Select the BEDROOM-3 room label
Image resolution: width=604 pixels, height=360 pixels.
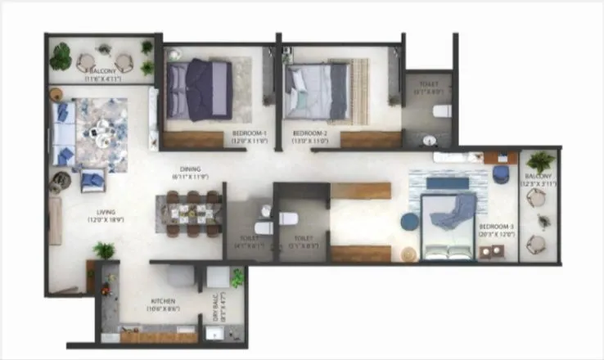point(497,227)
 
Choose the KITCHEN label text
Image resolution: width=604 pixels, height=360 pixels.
point(163,302)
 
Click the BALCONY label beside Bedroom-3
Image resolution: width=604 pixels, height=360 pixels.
point(539,176)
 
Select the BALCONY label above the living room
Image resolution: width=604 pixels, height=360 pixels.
point(105,71)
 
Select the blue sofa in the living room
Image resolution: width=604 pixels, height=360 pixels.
point(63,133)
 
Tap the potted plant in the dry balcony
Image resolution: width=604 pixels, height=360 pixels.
point(237,279)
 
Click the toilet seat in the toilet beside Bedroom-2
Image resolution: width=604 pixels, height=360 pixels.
point(441,110)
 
